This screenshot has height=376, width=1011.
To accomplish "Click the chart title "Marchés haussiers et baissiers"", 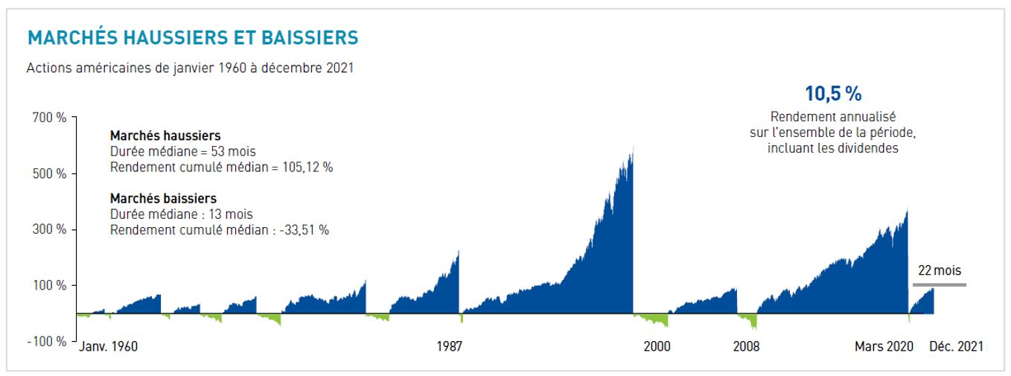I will pyautogui.click(x=192, y=36).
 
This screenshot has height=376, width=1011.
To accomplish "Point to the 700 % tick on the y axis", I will pyautogui.click(x=50, y=118).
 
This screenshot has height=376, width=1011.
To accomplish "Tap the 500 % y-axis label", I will pyautogui.click(x=50, y=174).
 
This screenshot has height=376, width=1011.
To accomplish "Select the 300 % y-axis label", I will pyautogui.click(x=50, y=230).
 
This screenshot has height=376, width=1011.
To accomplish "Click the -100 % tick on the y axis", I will pyautogui.click(x=48, y=342).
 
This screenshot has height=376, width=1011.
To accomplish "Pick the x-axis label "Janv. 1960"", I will pyautogui.click(x=109, y=346).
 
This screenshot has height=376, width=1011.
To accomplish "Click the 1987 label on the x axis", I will pyautogui.click(x=450, y=346).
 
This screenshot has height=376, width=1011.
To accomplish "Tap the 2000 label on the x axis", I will pyautogui.click(x=657, y=346).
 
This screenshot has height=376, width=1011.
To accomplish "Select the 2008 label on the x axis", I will pyautogui.click(x=746, y=346).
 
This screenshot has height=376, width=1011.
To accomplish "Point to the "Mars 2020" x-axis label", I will pyautogui.click(x=884, y=346).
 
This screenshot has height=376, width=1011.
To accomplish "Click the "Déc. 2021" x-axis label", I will pyautogui.click(x=957, y=346).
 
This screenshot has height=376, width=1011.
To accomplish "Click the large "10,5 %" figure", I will pyautogui.click(x=833, y=94).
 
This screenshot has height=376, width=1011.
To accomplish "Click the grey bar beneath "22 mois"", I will pyautogui.click(x=940, y=284).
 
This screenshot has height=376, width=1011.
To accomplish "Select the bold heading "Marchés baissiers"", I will pyautogui.click(x=163, y=199).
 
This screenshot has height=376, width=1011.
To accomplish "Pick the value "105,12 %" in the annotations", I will pyautogui.click(x=305, y=167).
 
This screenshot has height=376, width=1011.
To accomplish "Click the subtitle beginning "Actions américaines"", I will pyautogui.click(x=190, y=68).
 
